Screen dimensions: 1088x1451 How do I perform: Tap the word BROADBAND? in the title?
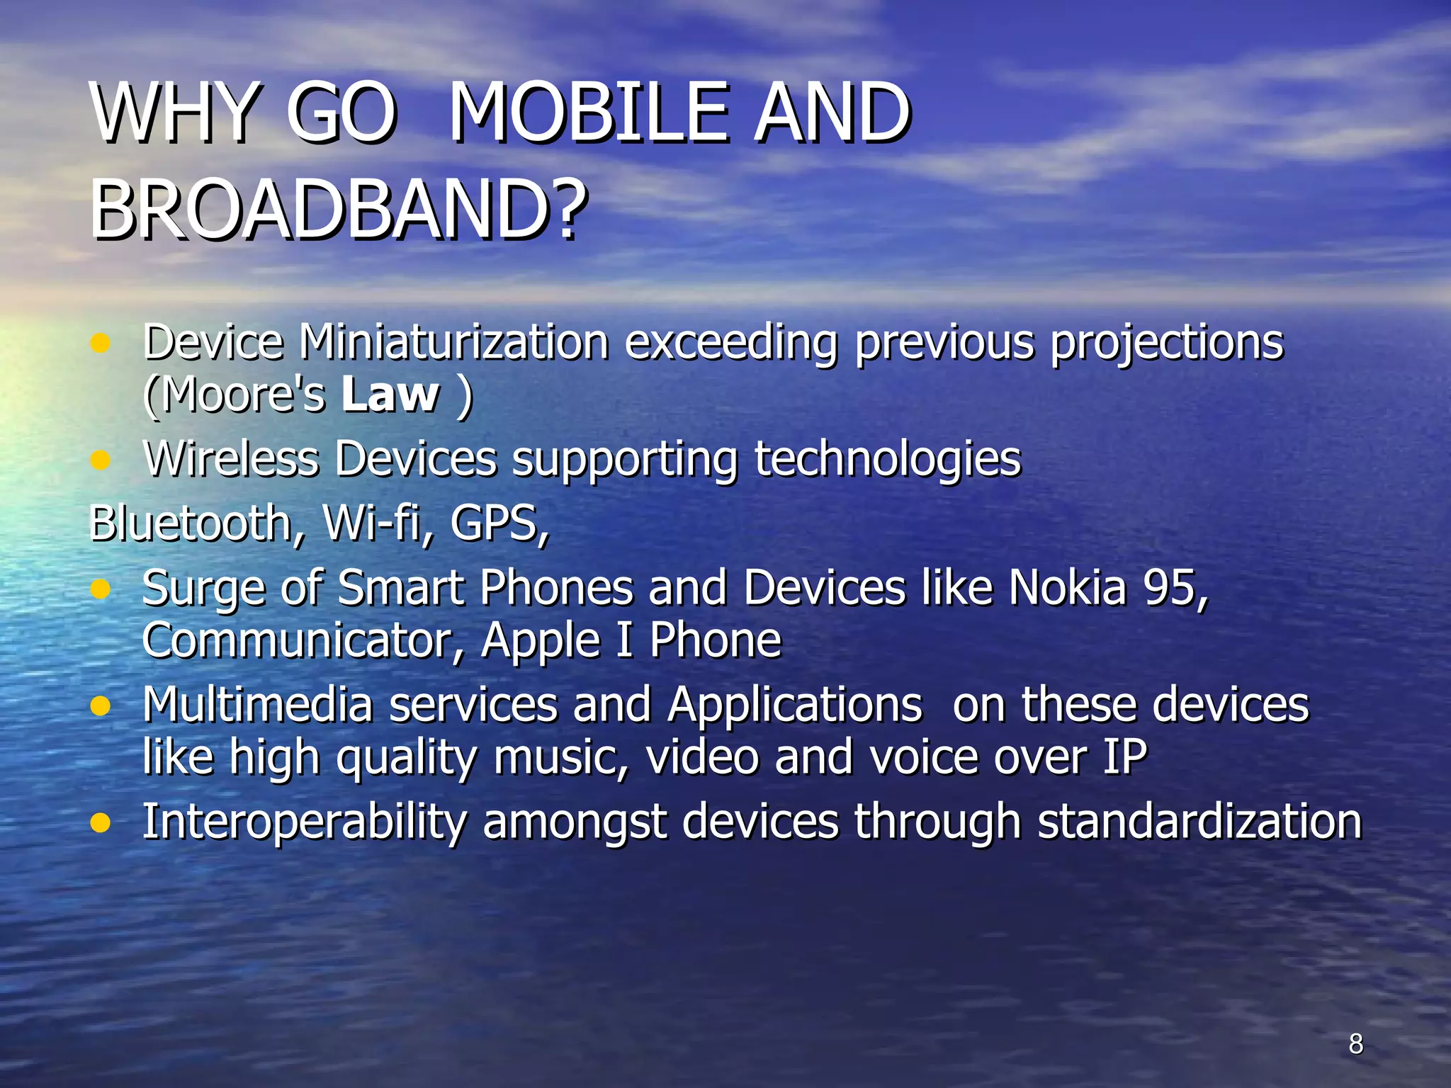tap(339, 210)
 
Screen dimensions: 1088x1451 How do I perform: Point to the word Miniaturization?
tap(453, 342)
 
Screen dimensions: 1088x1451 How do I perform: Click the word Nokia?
tap(1067, 588)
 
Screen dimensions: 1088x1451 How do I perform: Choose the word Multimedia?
tap(258, 705)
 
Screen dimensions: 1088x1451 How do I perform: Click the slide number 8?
tap(1355, 1043)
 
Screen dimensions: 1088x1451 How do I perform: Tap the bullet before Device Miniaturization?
tap(101, 344)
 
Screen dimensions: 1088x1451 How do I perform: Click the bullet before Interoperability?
tap(101, 823)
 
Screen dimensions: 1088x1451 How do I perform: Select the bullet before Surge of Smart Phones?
tap(101, 589)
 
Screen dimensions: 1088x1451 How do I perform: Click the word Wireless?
tap(231, 459)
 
